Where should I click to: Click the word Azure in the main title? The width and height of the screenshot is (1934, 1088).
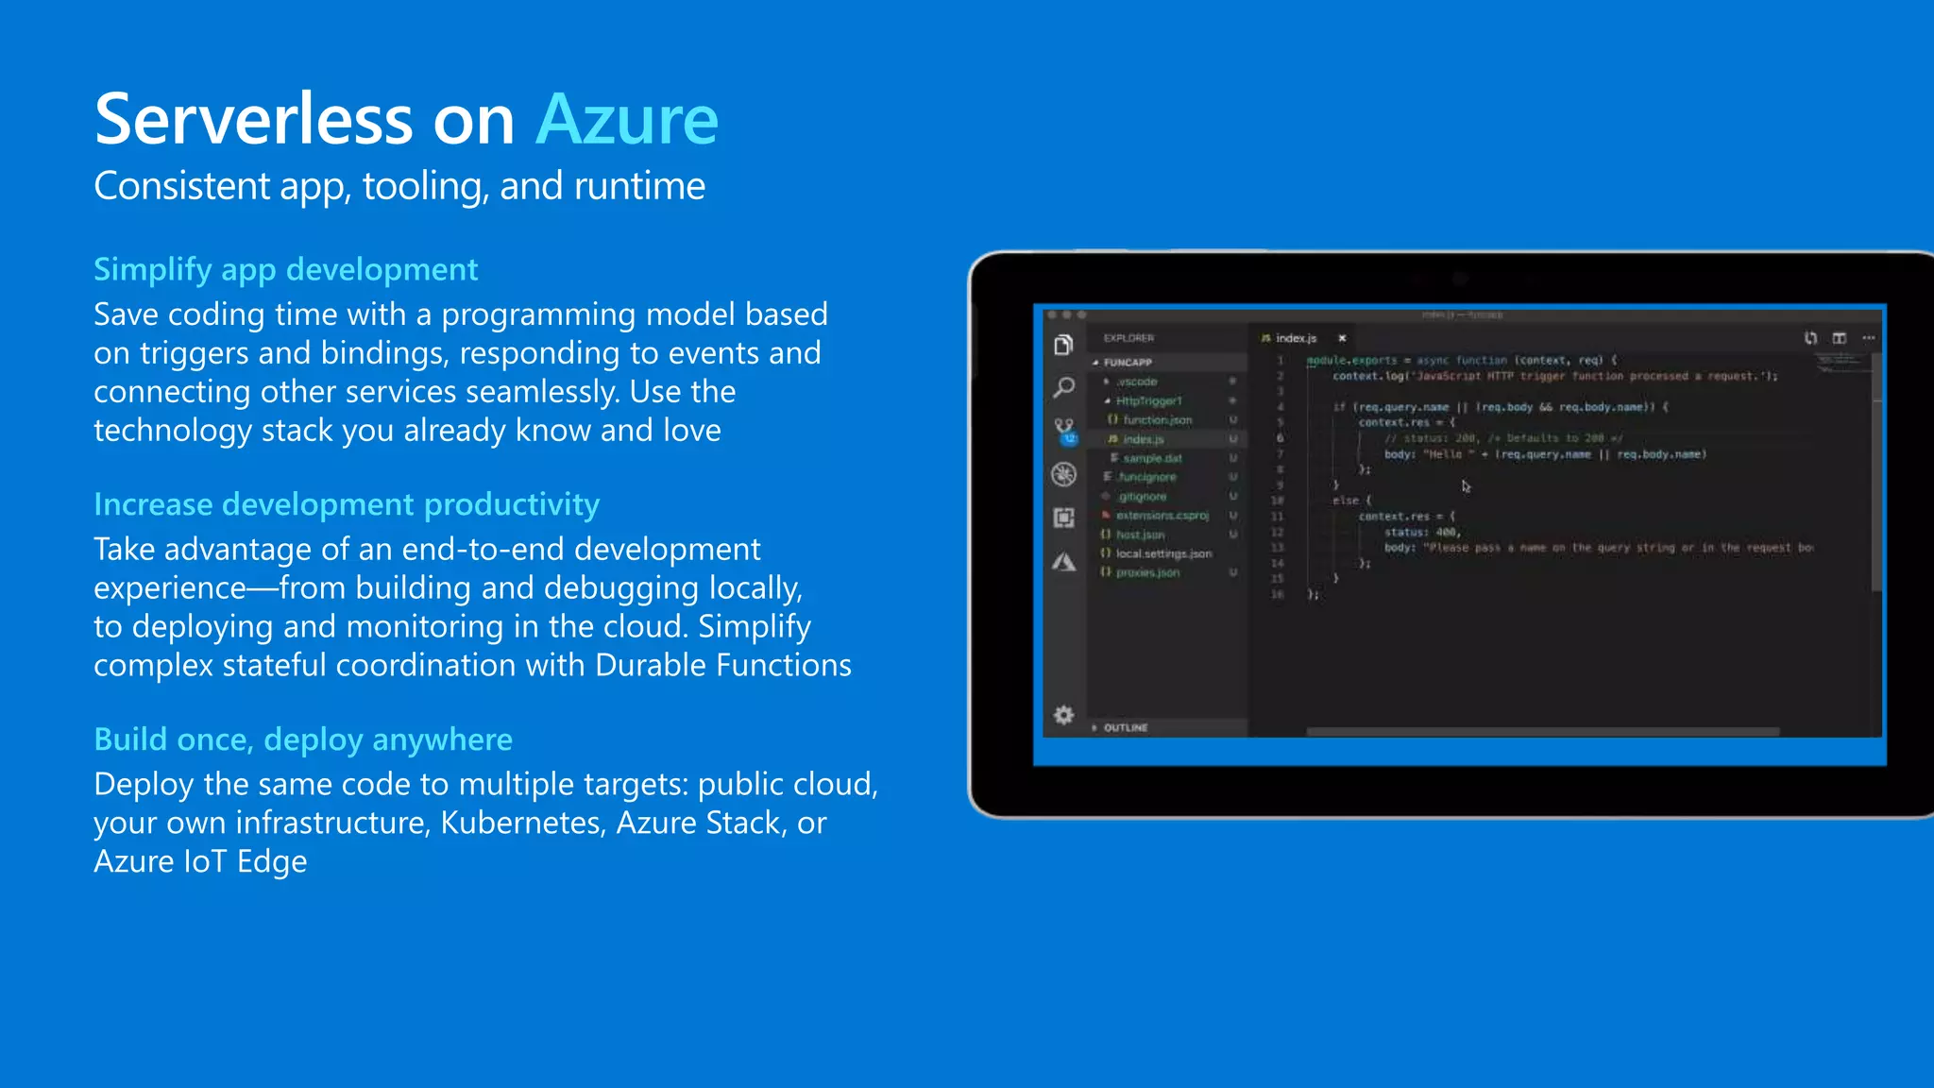point(627,120)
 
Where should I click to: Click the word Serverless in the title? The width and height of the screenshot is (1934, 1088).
point(254,120)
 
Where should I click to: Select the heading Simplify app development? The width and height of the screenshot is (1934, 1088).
point(285,270)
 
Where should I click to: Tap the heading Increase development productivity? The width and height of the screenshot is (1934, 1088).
point(347,505)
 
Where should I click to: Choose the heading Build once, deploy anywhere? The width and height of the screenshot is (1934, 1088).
point(303,739)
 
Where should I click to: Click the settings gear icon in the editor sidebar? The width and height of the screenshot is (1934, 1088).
point(1064,715)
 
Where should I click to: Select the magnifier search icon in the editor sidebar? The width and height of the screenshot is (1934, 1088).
point(1064,387)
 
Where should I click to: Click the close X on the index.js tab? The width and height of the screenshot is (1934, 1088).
point(1342,338)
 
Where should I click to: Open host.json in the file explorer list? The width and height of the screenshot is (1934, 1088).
point(1140,535)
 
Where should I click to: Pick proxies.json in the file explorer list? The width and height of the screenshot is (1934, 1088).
point(1147,572)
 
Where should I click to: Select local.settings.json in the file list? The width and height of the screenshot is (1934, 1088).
point(1163,553)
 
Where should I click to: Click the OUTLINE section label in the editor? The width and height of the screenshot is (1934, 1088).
point(1126,728)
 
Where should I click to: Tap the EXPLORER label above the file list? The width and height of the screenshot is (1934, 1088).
point(1128,338)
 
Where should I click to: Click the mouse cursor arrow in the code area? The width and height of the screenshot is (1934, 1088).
point(1466,486)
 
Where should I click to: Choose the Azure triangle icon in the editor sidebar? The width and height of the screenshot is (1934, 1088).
point(1064,562)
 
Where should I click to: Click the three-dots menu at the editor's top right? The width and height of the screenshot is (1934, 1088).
point(1868,338)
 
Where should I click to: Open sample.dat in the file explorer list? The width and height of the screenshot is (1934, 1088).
point(1152,458)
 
